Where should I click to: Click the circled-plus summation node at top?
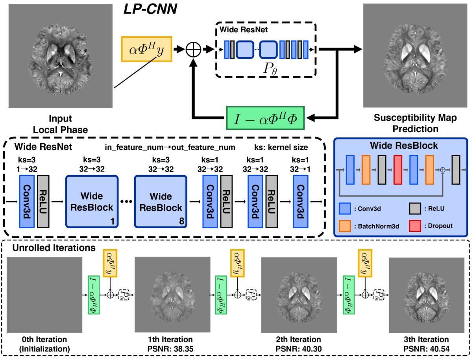pyautogui.click(x=194, y=49)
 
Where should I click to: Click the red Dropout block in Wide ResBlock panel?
pyautogui.click(x=398, y=169)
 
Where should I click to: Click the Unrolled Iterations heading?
pyautogui.click(x=54, y=248)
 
